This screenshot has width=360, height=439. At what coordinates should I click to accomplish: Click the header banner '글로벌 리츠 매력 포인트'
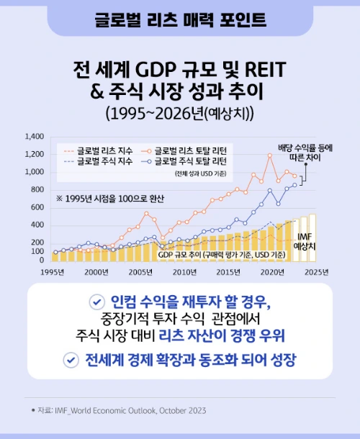180,19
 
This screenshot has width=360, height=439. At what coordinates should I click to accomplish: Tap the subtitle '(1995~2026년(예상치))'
179,114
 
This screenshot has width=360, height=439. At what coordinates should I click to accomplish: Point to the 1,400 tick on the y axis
34,136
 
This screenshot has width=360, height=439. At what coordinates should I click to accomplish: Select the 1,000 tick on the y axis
34,172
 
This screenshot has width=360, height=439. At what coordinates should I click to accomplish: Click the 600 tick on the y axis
37,207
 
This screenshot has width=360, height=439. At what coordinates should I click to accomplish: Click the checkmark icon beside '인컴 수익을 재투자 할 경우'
95,302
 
